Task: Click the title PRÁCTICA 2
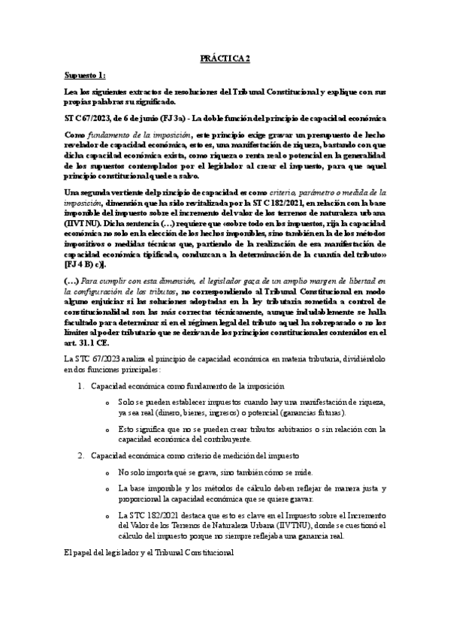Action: pos(225,57)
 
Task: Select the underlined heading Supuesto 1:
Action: pos(85,77)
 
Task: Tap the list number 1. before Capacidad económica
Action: pos(82,385)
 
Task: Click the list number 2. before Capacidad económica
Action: pos(82,455)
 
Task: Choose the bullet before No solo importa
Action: pos(110,472)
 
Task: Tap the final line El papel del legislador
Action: pos(149,553)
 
